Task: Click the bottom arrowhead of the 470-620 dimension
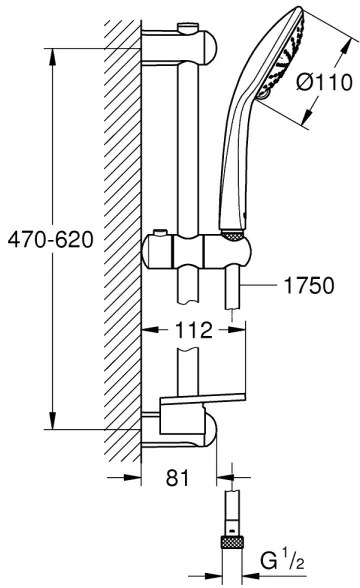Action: [x=52, y=422]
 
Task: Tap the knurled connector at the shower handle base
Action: [x=233, y=207]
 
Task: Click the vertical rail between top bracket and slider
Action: [x=187, y=140]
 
